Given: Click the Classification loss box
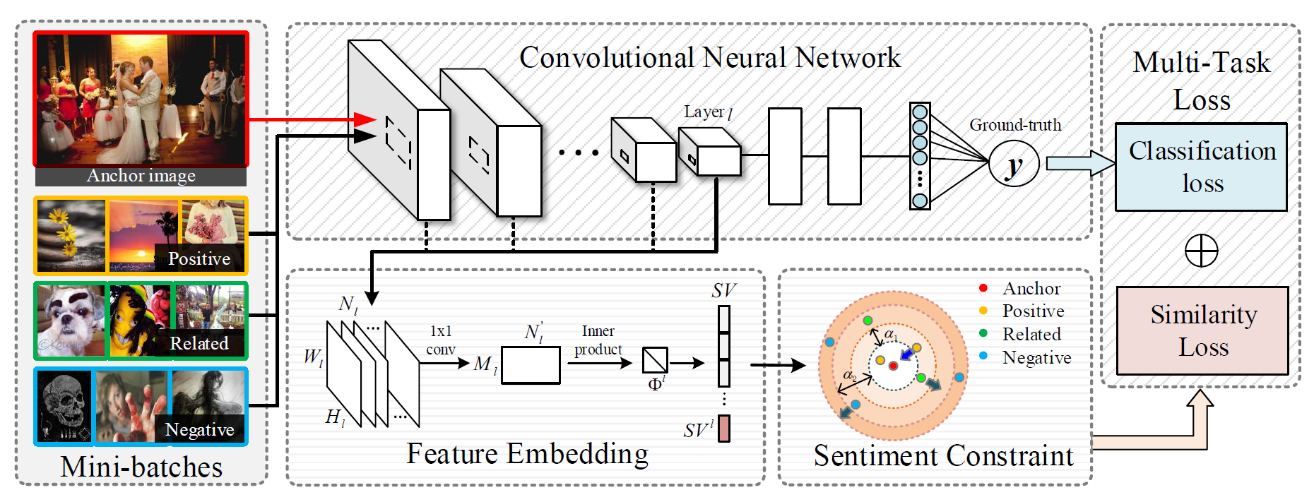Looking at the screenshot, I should pos(1201,167).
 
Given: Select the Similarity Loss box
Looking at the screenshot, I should pos(1202,330).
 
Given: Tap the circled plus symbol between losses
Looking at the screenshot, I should pos(1201,251).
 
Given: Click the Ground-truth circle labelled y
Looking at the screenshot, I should pos(1014,165).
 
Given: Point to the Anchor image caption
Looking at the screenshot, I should pos(141,176).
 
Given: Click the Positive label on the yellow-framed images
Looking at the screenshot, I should pos(199,259).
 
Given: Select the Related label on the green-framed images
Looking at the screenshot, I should pos(199,344).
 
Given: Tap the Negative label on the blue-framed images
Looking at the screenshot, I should pos(199,430).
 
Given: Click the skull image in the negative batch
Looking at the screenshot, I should pos(64,405).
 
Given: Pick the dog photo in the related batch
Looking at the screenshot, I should pos(71,320).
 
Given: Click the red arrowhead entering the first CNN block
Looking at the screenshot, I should pos(365,119).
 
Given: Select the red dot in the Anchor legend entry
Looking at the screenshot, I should pos(983,288).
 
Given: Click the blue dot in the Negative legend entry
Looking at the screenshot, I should pos(983,357).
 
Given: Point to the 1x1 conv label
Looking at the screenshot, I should pos(441,340).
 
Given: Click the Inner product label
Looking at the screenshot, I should pos(598,340).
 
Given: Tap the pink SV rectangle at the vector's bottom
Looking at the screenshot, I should pos(724,429).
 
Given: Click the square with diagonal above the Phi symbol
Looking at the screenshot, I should pos(655,360).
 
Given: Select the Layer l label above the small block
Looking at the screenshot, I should pos(707,112).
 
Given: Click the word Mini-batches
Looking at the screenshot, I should pos(141,467).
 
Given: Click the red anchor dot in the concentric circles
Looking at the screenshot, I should pos(893,365).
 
